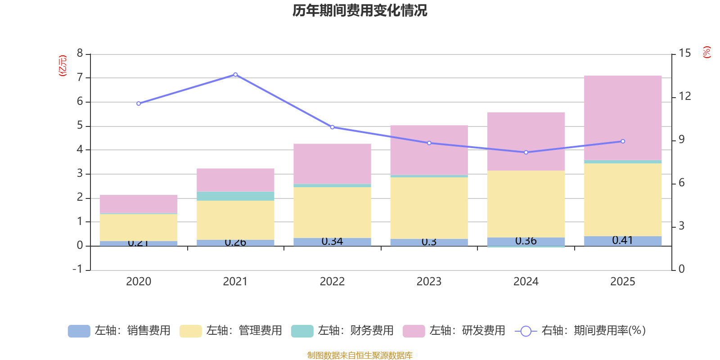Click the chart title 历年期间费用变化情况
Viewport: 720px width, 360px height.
[x=360, y=10]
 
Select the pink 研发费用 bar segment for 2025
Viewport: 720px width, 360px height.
[x=623, y=118]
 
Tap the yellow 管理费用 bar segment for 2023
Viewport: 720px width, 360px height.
[x=429, y=208]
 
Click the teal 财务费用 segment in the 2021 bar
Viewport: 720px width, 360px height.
[x=235, y=196]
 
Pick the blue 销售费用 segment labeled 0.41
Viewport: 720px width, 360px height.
[x=623, y=241]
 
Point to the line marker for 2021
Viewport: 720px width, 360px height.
[x=235, y=75]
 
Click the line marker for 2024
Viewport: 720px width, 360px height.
[x=526, y=153]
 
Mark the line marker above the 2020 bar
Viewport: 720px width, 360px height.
[x=139, y=103]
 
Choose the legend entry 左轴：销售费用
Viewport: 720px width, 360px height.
[x=119, y=331]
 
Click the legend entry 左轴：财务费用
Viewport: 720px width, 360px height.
[x=342, y=331]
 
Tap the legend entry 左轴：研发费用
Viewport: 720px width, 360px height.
[x=454, y=331]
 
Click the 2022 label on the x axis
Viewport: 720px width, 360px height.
[x=332, y=282]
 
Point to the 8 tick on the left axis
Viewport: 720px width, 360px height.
[x=80, y=54]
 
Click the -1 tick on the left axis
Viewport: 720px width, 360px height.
[x=78, y=269]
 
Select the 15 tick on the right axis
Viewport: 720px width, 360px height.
[x=684, y=54]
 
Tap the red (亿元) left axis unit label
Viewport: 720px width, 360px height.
[x=63, y=66]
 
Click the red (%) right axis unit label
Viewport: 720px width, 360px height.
[x=706, y=52]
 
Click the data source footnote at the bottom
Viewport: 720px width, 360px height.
[x=360, y=355]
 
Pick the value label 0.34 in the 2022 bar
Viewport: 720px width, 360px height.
[x=332, y=242]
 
